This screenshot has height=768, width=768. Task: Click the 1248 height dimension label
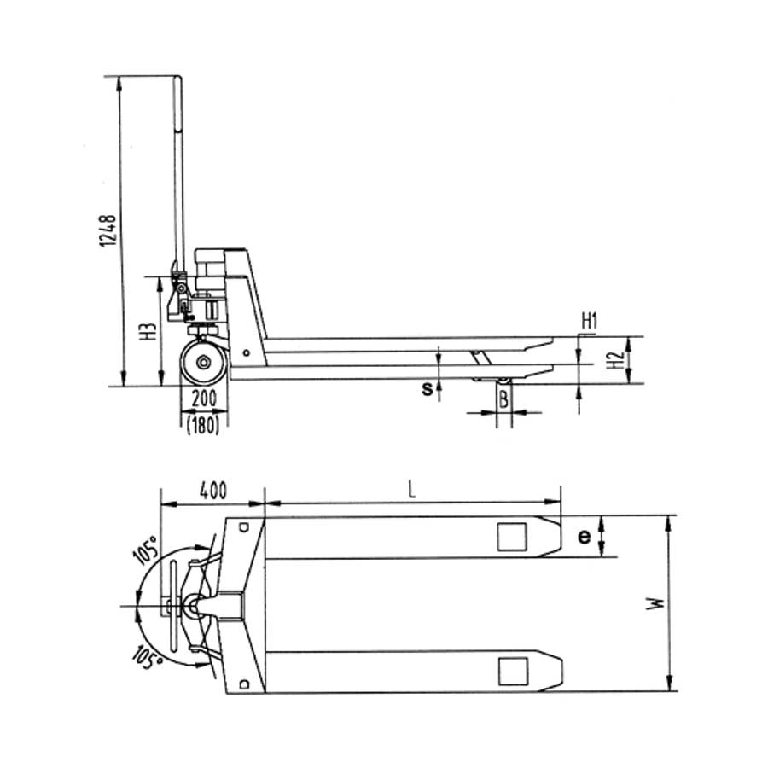107,229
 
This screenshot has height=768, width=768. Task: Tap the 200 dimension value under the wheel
202,399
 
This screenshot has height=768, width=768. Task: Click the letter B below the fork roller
504,398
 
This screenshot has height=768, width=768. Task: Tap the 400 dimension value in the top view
212,491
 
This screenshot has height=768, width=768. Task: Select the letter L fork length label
410,490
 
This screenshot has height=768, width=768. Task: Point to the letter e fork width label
585,537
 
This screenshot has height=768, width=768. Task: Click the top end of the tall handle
177,81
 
